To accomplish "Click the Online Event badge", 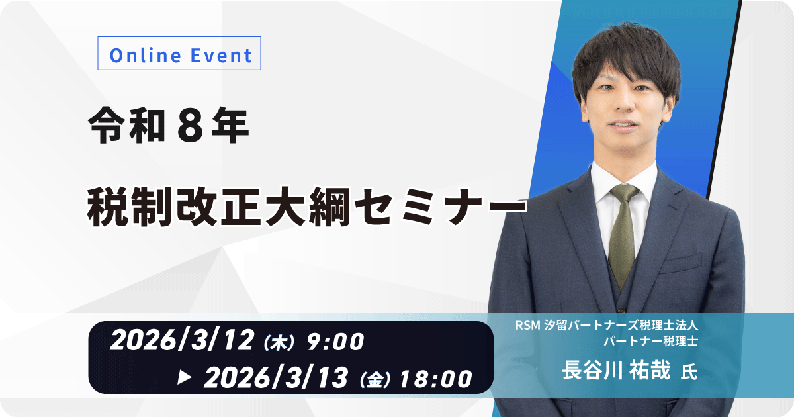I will [x=179, y=55].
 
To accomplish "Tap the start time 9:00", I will [x=335, y=342].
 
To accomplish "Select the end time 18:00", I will [x=436, y=379].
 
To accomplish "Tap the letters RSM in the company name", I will [x=529, y=326].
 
